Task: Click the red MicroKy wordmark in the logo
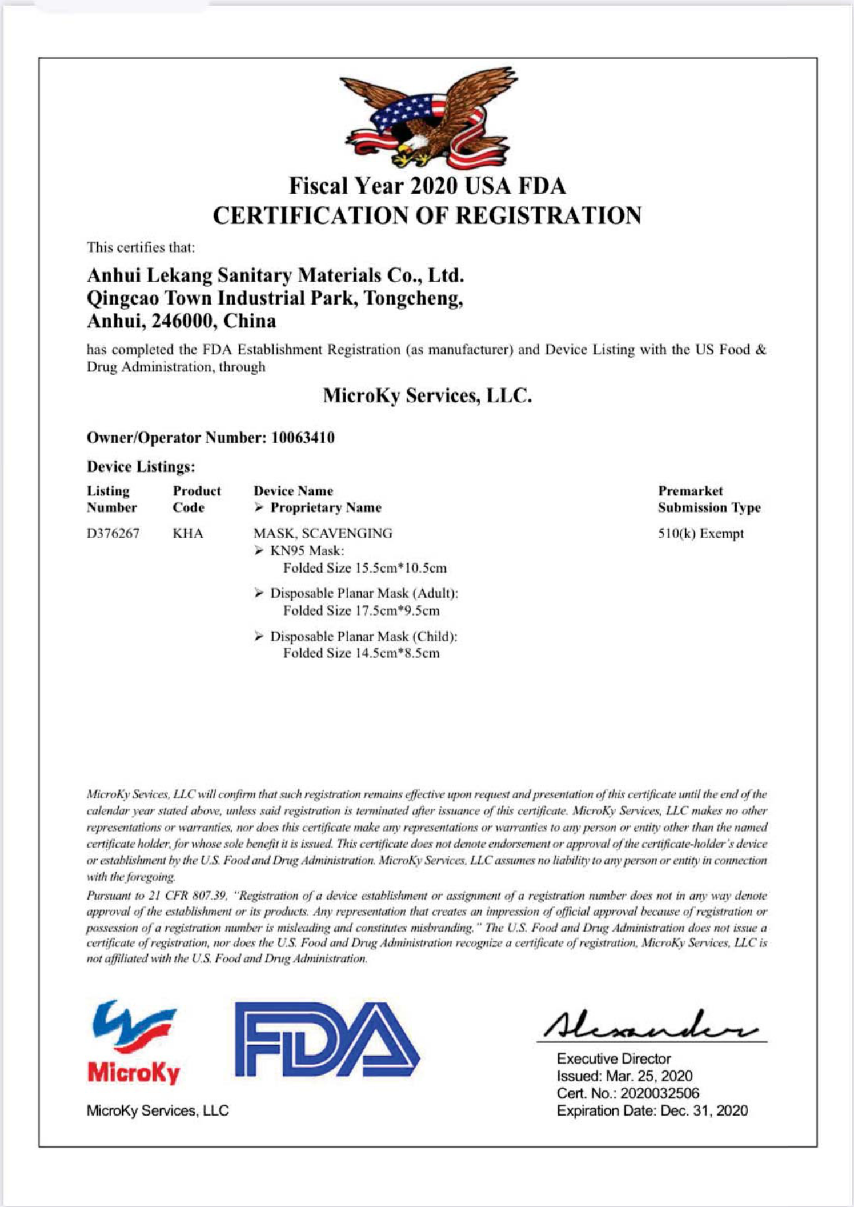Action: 134,1072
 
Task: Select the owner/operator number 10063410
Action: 303,438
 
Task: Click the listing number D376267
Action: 113,533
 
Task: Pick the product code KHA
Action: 188,533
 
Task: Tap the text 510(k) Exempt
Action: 701,533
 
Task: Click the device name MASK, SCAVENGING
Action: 323,533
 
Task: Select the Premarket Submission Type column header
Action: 709,499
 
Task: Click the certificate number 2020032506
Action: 659,1093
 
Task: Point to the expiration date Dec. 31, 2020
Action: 704,1110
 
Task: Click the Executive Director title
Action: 614,1058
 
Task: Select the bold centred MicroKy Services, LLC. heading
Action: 427,395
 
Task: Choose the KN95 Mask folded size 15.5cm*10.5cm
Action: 365,568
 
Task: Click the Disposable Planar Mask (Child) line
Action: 363,636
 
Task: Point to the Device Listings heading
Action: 141,467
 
